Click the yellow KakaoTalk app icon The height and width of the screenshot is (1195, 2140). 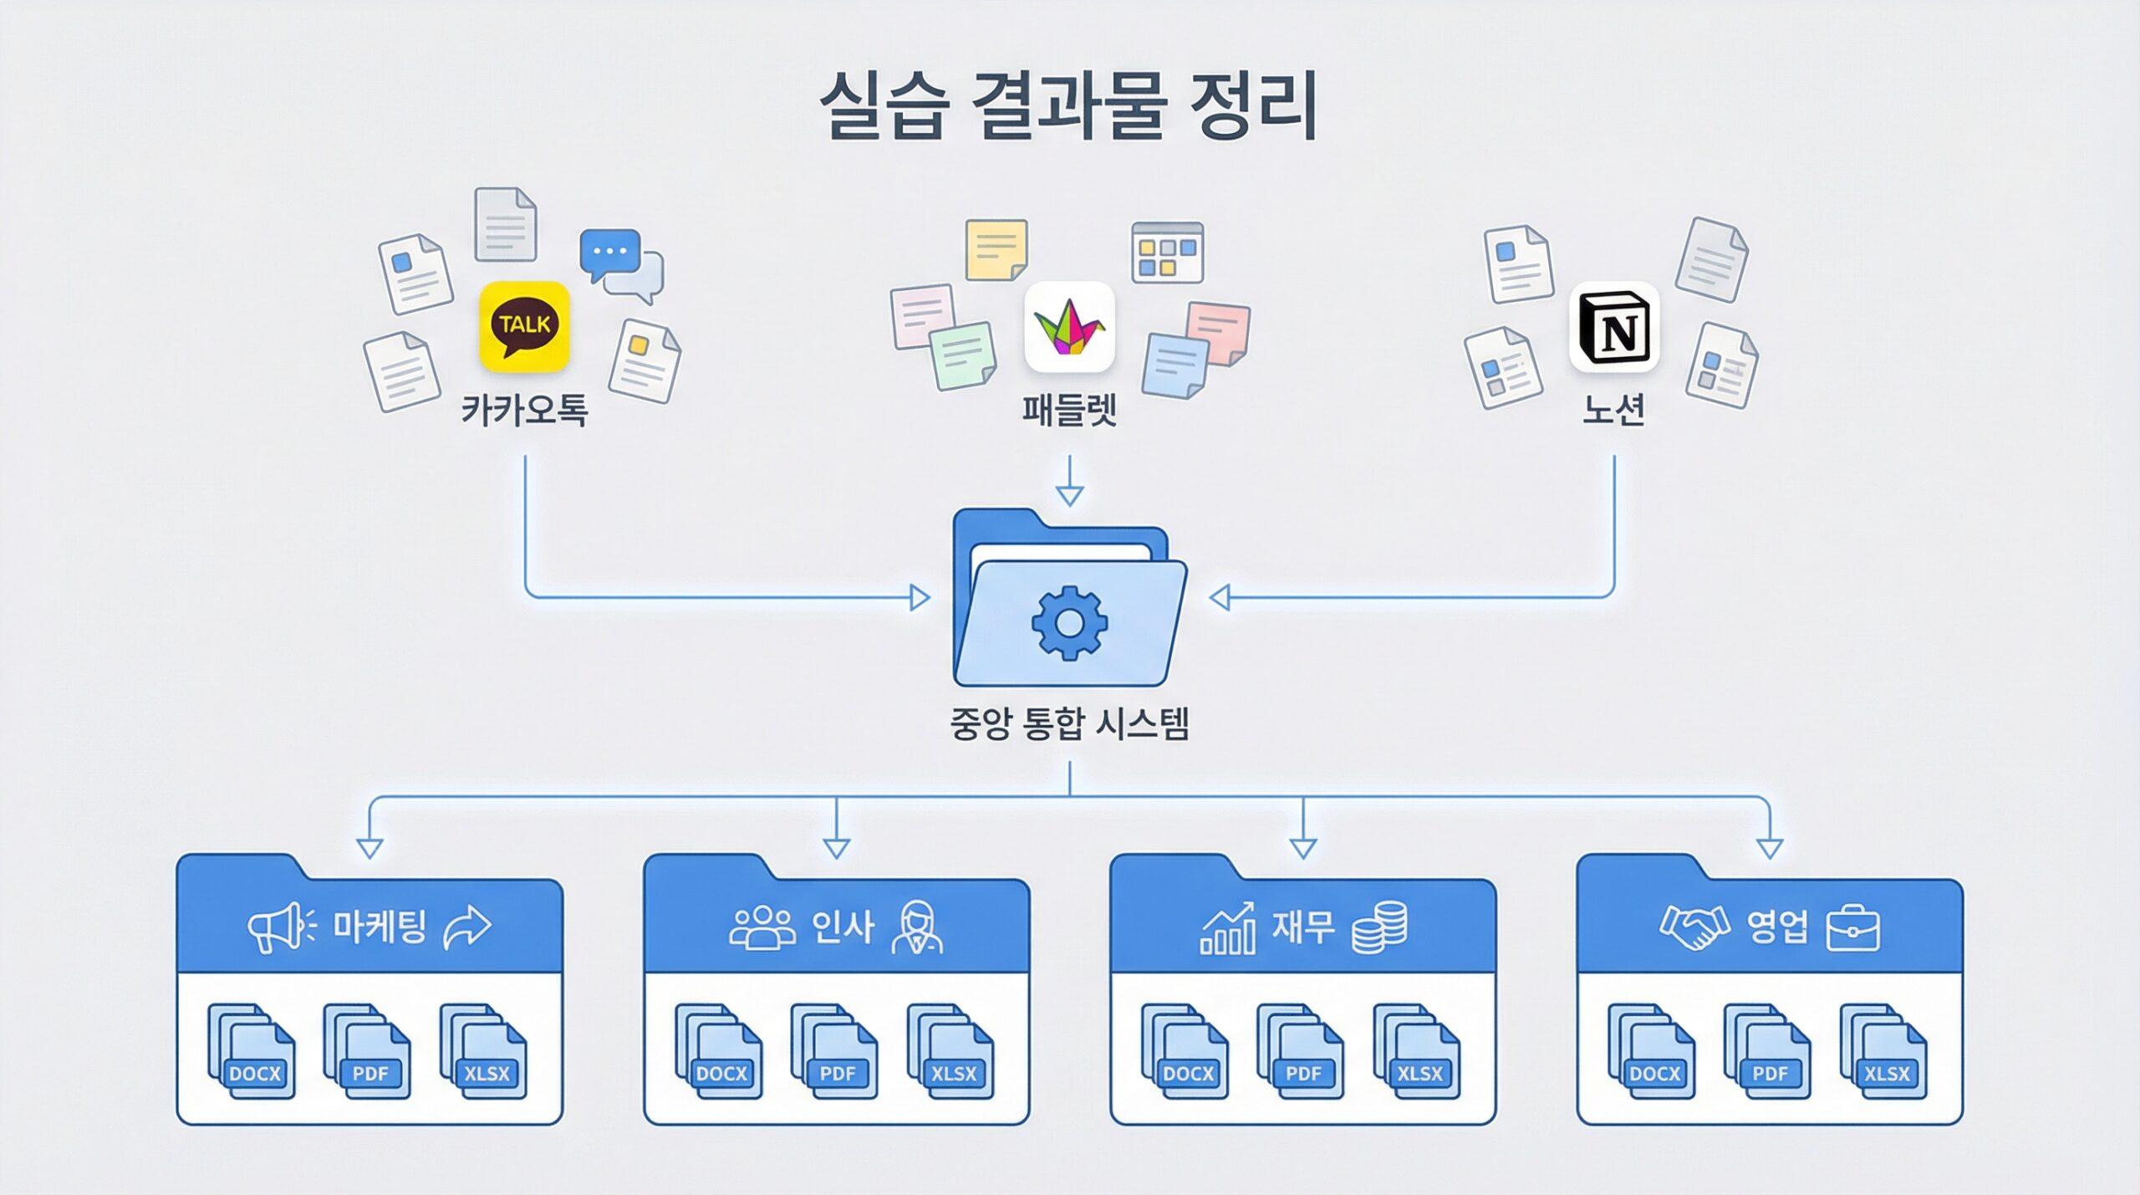coord(524,326)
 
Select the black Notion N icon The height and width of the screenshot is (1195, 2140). coord(1614,327)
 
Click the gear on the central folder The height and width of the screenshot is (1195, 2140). coord(1069,623)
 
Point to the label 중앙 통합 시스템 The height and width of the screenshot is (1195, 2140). coord(1069,723)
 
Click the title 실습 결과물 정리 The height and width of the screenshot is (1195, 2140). coord(1069,106)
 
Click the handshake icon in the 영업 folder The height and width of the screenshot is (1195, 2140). coord(1694,927)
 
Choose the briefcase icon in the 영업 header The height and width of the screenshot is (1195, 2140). coord(1853,928)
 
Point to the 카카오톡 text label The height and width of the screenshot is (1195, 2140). coord(524,410)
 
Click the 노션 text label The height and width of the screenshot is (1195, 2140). coord(1614,410)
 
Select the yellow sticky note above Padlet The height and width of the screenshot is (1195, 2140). coord(996,249)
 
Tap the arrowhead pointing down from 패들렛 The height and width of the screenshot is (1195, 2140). coord(1069,495)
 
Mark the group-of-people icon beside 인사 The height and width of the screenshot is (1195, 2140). coord(762,927)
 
